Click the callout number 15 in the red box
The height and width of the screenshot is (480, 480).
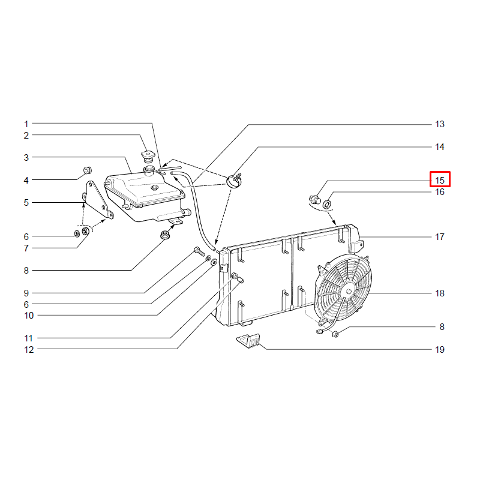tap(440, 181)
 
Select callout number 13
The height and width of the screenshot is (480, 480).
tap(440, 124)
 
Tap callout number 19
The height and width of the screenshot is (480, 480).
tap(440, 350)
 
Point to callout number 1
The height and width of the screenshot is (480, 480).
tap(26, 124)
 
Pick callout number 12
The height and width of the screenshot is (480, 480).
tap(29, 350)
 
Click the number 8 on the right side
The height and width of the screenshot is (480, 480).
tap(442, 327)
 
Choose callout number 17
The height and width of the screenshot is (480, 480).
tap(440, 237)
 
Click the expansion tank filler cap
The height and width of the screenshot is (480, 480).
tap(148, 156)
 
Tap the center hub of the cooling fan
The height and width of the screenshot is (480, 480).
tap(349, 291)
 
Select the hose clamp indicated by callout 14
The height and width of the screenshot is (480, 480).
tap(235, 181)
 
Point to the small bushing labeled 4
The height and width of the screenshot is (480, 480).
tap(88, 170)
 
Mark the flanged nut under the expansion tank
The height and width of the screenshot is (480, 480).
tap(165, 235)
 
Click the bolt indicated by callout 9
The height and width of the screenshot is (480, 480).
tap(199, 253)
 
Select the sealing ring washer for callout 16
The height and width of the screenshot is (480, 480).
tap(328, 204)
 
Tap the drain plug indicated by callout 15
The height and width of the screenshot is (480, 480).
tap(314, 199)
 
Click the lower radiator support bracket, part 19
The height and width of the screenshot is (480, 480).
tap(248, 340)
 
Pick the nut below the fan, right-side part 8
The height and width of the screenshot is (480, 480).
tap(335, 334)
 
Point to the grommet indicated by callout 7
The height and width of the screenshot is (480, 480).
tap(86, 231)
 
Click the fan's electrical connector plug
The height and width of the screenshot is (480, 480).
tap(319, 332)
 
